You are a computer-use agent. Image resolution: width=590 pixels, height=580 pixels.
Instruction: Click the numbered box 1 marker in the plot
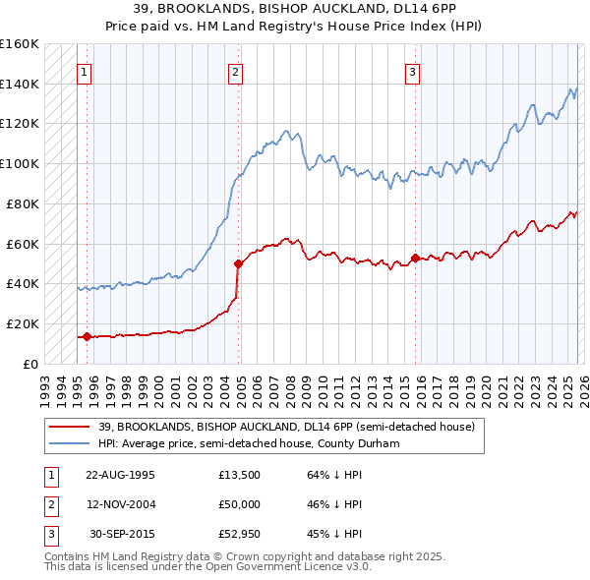86,71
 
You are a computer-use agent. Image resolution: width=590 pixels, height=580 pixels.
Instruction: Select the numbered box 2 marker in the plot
236,71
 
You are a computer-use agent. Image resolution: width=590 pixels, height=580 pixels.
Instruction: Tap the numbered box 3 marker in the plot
412,71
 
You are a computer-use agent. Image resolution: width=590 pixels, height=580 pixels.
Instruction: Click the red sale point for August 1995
87,336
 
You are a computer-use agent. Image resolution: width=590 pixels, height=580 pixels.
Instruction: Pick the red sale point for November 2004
238,263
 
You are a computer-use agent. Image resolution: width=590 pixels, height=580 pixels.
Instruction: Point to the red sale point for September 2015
415,258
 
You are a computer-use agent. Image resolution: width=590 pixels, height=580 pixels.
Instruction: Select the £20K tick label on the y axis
23,323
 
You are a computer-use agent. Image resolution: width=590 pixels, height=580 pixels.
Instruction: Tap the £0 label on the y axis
31,364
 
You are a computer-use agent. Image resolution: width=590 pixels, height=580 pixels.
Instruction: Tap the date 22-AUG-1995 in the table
120,475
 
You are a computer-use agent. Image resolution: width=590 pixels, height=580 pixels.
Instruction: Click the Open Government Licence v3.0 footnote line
208,568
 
